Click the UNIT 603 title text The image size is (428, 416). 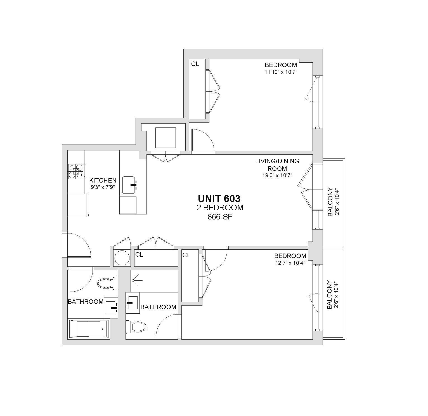(219, 198)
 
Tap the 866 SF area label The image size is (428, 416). (220, 217)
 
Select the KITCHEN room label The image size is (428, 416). (103, 180)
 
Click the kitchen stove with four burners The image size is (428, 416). (77, 172)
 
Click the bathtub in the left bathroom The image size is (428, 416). (89, 329)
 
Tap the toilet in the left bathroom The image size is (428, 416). (108, 283)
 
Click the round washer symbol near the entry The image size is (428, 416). (122, 258)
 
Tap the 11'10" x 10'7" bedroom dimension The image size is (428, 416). (281, 72)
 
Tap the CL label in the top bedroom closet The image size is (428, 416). (195, 64)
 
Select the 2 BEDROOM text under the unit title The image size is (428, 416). (219, 208)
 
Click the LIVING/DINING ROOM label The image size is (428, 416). (277, 165)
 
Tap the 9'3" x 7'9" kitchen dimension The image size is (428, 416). (103, 187)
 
